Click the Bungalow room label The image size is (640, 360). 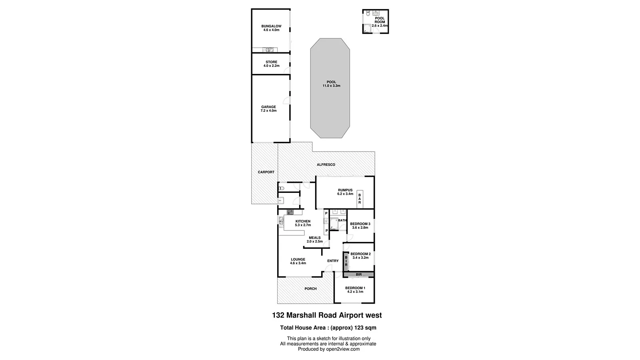point(271,26)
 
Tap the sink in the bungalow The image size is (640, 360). point(269,50)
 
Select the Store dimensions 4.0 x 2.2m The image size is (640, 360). point(271,66)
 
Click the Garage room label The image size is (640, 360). point(268,107)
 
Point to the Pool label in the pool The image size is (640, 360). point(331,82)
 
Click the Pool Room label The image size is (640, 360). point(379,20)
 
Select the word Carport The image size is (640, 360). point(266,172)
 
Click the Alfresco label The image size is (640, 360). point(326,165)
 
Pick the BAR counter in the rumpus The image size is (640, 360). point(360,198)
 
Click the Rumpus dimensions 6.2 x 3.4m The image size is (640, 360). point(345,194)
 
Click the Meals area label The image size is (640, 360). point(314,238)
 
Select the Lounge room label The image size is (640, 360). point(298,259)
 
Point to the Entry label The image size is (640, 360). point(333,261)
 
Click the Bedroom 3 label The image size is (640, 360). point(360,224)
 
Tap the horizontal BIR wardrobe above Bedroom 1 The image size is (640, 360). point(359,274)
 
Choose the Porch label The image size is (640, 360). point(310,288)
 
